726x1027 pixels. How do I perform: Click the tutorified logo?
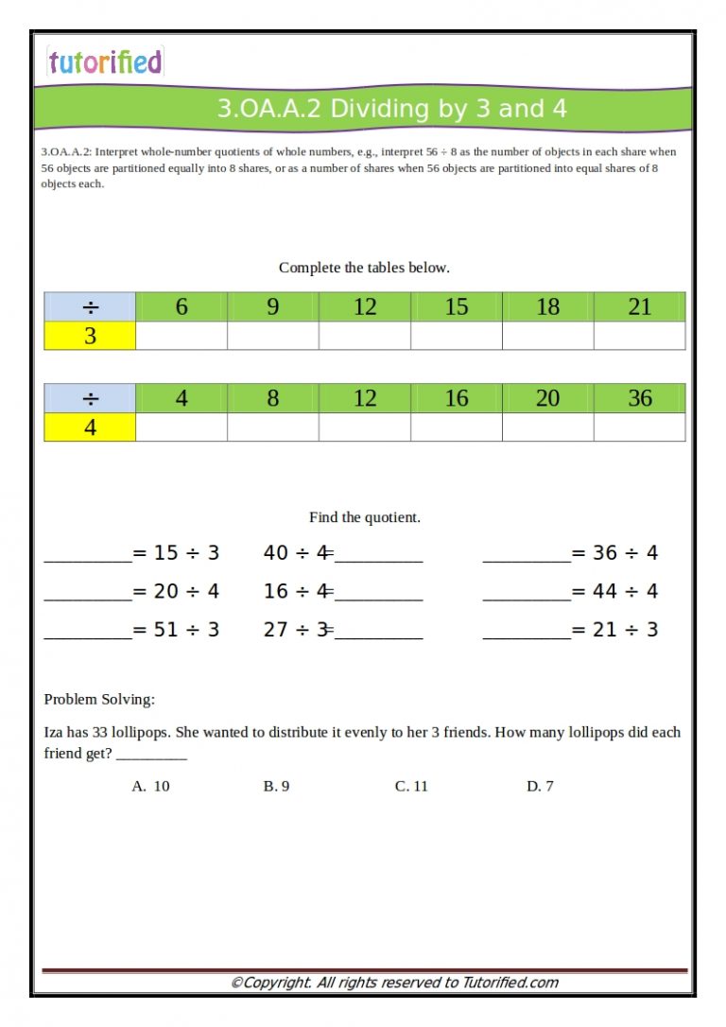pyautogui.click(x=105, y=62)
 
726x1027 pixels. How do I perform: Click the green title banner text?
pyautogui.click(x=391, y=109)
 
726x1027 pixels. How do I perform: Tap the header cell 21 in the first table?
pyautogui.click(x=640, y=306)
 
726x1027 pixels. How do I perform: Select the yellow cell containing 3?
pyautogui.click(x=90, y=336)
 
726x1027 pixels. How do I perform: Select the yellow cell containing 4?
pyautogui.click(x=90, y=427)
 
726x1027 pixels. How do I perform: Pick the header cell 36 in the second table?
pyautogui.click(x=640, y=398)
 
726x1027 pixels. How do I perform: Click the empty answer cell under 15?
pyautogui.click(x=457, y=336)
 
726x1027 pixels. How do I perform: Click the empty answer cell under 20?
pyautogui.click(x=548, y=427)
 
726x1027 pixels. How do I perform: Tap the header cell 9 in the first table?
pyautogui.click(x=273, y=306)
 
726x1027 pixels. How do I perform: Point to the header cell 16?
pyautogui.click(x=457, y=398)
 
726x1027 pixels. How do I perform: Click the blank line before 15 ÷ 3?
pyautogui.click(x=87, y=554)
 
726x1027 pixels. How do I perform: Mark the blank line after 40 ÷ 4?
pyautogui.click(x=378, y=554)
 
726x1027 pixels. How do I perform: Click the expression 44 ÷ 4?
pyautogui.click(x=625, y=592)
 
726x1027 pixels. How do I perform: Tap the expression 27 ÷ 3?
pyautogui.click(x=296, y=630)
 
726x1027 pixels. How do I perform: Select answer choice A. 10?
pyautogui.click(x=151, y=786)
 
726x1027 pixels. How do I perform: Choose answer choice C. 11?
pyautogui.click(x=411, y=786)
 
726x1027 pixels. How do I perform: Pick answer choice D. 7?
pyautogui.click(x=540, y=786)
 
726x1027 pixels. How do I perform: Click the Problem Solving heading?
pyautogui.click(x=99, y=700)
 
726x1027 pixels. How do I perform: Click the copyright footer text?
pyautogui.click(x=394, y=983)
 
